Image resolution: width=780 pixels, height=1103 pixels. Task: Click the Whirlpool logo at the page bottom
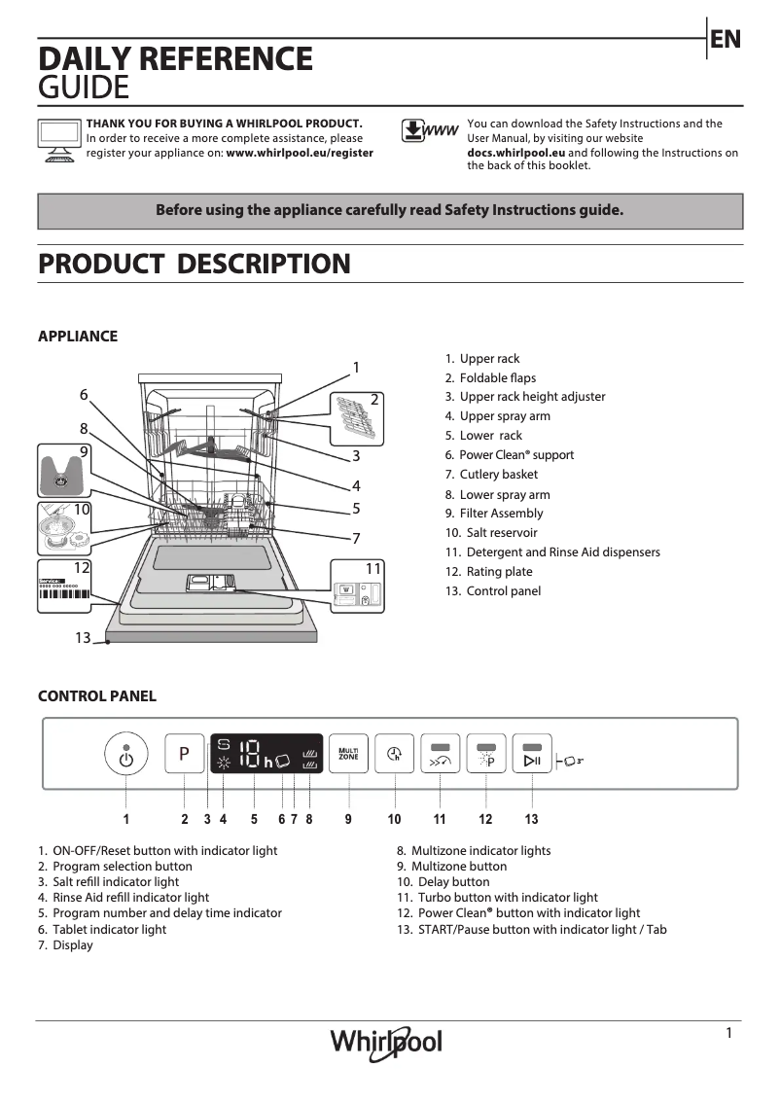point(386,1043)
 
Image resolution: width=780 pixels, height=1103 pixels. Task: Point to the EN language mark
point(726,39)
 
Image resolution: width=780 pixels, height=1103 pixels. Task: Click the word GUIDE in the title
point(84,89)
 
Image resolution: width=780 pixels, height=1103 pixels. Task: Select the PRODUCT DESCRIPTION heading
point(194,264)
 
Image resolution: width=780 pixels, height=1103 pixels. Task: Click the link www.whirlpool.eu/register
point(300,153)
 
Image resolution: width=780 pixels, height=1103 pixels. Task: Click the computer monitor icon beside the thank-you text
point(59,139)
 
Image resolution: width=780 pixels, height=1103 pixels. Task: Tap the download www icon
point(429,131)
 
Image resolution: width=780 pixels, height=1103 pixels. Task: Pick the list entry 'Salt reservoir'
point(501,533)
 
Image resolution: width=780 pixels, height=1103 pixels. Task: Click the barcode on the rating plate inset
point(64,595)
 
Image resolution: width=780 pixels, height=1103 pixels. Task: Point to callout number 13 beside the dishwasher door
point(83,637)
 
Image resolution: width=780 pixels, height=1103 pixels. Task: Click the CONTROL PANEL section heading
point(96,696)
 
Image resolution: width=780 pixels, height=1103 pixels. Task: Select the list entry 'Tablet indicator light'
point(109,929)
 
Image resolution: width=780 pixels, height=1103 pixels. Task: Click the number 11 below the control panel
point(440,819)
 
